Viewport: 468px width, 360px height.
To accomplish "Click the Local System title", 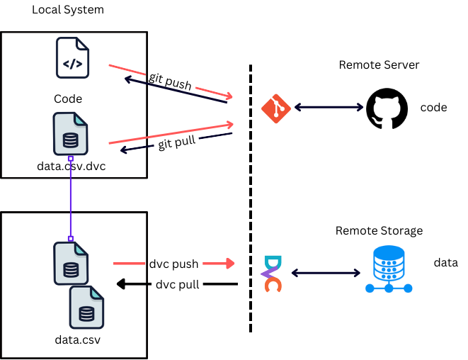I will [68, 10].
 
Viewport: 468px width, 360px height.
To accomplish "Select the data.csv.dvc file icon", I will [70, 135].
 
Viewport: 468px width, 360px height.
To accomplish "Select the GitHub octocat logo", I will [383, 107].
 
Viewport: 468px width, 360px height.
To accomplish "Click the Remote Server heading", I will [379, 65].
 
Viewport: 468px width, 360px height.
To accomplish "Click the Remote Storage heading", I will [379, 231].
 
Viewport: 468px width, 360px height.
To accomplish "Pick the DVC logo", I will [272, 273].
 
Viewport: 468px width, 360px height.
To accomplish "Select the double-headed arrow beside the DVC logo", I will [326, 272].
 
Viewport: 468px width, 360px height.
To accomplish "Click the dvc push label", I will [174, 264].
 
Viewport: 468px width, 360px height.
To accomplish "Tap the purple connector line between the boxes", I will [71, 198].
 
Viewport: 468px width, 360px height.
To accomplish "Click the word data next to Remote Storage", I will [445, 263].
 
